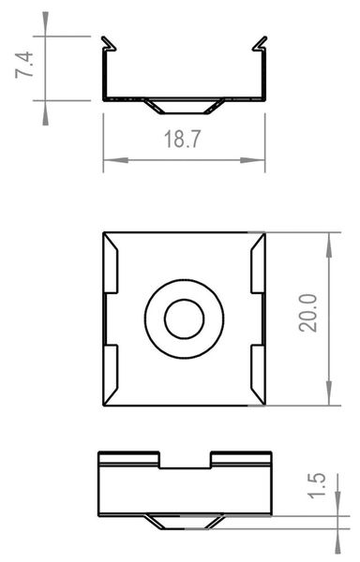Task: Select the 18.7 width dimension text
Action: (x=183, y=140)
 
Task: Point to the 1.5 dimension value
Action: (x=318, y=487)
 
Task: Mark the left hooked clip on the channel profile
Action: (x=110, y=45)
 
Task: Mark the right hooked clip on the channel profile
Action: (x=258, y=45)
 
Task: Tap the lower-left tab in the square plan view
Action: (x=111, y=375)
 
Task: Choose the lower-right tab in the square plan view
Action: (x=258, y=375)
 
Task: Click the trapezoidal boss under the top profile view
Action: (x=184, y=105)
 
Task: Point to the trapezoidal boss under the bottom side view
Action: (x=185, y=521)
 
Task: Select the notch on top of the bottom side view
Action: (x=186, y=460)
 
